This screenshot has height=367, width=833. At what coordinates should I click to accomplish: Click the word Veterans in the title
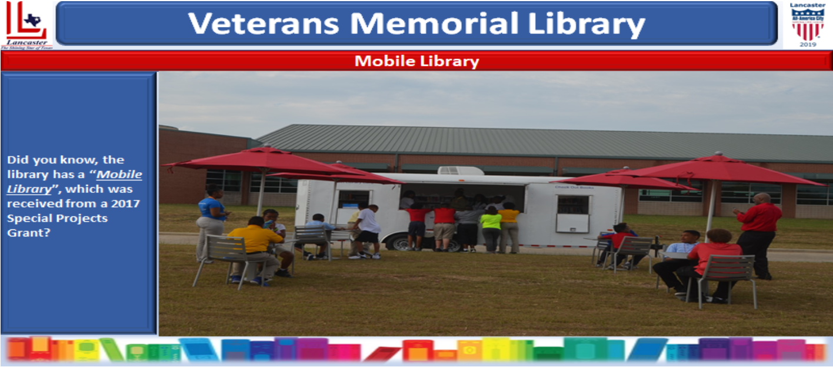click(263, 24)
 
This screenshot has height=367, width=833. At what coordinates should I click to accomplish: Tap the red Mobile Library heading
click(416, 61)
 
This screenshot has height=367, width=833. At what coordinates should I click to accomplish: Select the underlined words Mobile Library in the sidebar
click(74, 182)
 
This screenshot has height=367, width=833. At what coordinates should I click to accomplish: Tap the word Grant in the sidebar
click(24, 232)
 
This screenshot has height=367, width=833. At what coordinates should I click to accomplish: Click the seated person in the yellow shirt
click(255, 247)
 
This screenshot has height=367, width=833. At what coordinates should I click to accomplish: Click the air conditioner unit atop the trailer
click(461, 171)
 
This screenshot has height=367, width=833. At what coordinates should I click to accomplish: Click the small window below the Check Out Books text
click(572, 213)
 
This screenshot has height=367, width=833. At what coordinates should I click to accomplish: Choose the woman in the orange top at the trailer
click(509, 226)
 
